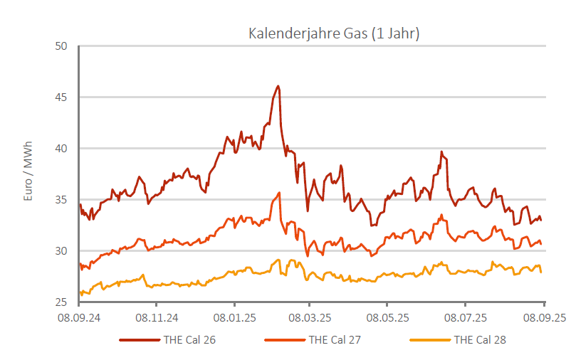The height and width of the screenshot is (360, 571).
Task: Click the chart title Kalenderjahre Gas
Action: (x=333, y=33)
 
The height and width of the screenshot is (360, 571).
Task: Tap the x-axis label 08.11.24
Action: (x=156, y=316)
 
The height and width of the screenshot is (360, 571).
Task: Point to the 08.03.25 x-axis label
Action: (x=311, y=316)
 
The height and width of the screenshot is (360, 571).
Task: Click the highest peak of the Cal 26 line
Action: (x=278, y=86)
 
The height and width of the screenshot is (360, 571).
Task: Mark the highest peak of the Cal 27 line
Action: (x=280, y=192)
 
